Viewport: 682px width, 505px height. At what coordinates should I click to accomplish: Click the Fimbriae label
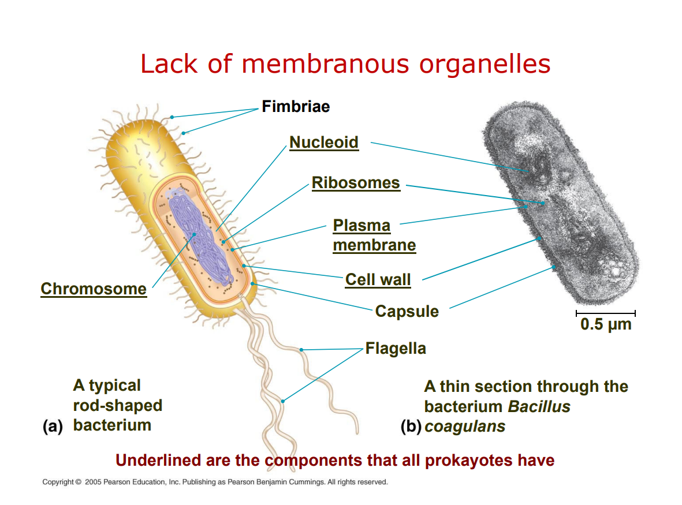click(x=295, y=107)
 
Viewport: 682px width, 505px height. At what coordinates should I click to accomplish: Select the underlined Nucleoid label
click(x=323, y=142)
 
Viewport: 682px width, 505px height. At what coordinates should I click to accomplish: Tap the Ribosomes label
click(x=356, y=183)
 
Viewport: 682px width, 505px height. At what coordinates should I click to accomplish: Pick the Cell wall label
click(x=378, y=280)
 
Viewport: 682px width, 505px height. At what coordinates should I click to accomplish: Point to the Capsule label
click(x=407, y=312)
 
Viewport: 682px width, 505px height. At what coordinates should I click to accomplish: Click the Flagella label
click(x=396, y=349)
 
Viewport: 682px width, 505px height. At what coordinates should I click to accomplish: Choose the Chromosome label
click(x=94, y=289)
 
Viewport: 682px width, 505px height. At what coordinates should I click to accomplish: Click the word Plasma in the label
click(x=362, y=226)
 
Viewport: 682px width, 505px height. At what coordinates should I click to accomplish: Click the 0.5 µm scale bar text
click(x=606, y=324)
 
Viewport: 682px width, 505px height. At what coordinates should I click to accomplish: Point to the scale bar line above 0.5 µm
click(x=605, y=313)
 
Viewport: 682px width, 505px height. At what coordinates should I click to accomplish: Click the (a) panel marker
click(x=53, y=427)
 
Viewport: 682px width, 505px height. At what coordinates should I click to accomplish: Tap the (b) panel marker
click(x=412, y=427)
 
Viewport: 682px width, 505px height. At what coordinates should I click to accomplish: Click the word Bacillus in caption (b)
click(x=539, y=406)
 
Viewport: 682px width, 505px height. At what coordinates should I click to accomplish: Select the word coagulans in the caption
click(x=465, y=427)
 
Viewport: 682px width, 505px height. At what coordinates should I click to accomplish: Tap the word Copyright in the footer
click(x=58, y=482)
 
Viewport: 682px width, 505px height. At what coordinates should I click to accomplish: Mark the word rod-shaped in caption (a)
click(x=117, y=405)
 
